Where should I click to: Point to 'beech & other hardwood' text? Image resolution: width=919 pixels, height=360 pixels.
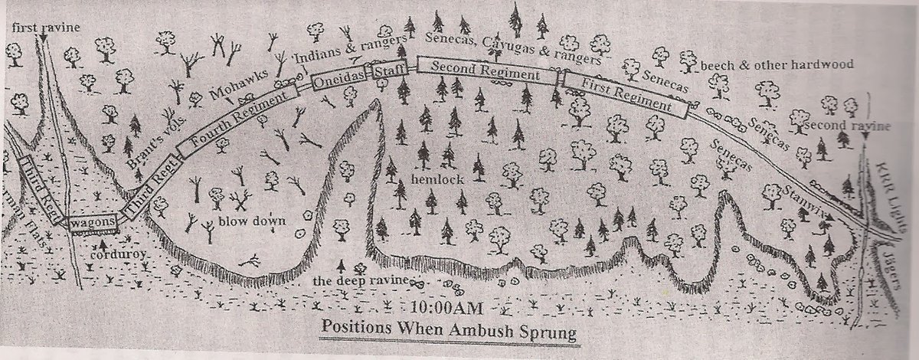pyautogui.click(x=776, y=65)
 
